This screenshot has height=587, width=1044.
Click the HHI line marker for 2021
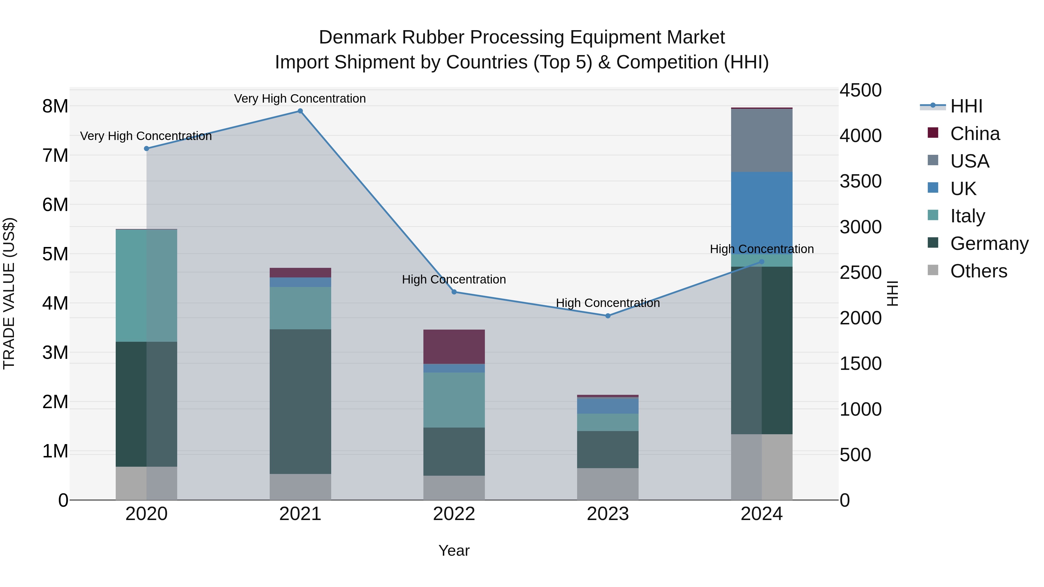(x=300, y=111)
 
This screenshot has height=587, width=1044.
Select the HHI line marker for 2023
(x=608, y=316)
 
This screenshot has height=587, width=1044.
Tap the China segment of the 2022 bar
(x=454, y=347)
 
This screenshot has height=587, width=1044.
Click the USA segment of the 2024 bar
(x=762, y=140)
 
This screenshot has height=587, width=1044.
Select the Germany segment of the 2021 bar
(x=300, y=401)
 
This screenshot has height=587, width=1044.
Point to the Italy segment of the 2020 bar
(x=146, y=286)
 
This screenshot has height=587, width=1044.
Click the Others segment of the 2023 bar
(x=608, y=484)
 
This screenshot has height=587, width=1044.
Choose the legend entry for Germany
(x=989, y=243)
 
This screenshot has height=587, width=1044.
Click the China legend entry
(x=975, y=134)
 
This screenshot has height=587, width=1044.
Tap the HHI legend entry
(x=966, y=106)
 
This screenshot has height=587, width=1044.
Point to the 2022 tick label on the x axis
(x=454, y=514)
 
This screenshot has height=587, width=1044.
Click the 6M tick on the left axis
(x=55, y=205)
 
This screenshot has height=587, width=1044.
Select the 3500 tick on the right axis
(x=860, y=181)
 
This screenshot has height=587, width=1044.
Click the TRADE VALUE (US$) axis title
(x=9, y=293)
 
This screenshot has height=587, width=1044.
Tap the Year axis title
(x=454, y=550)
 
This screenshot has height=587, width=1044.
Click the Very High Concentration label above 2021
(x=300, y=99)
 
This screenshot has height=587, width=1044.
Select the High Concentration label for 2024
(x=762, y=249)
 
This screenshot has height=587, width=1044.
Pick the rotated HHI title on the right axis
(x=893, y=293)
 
